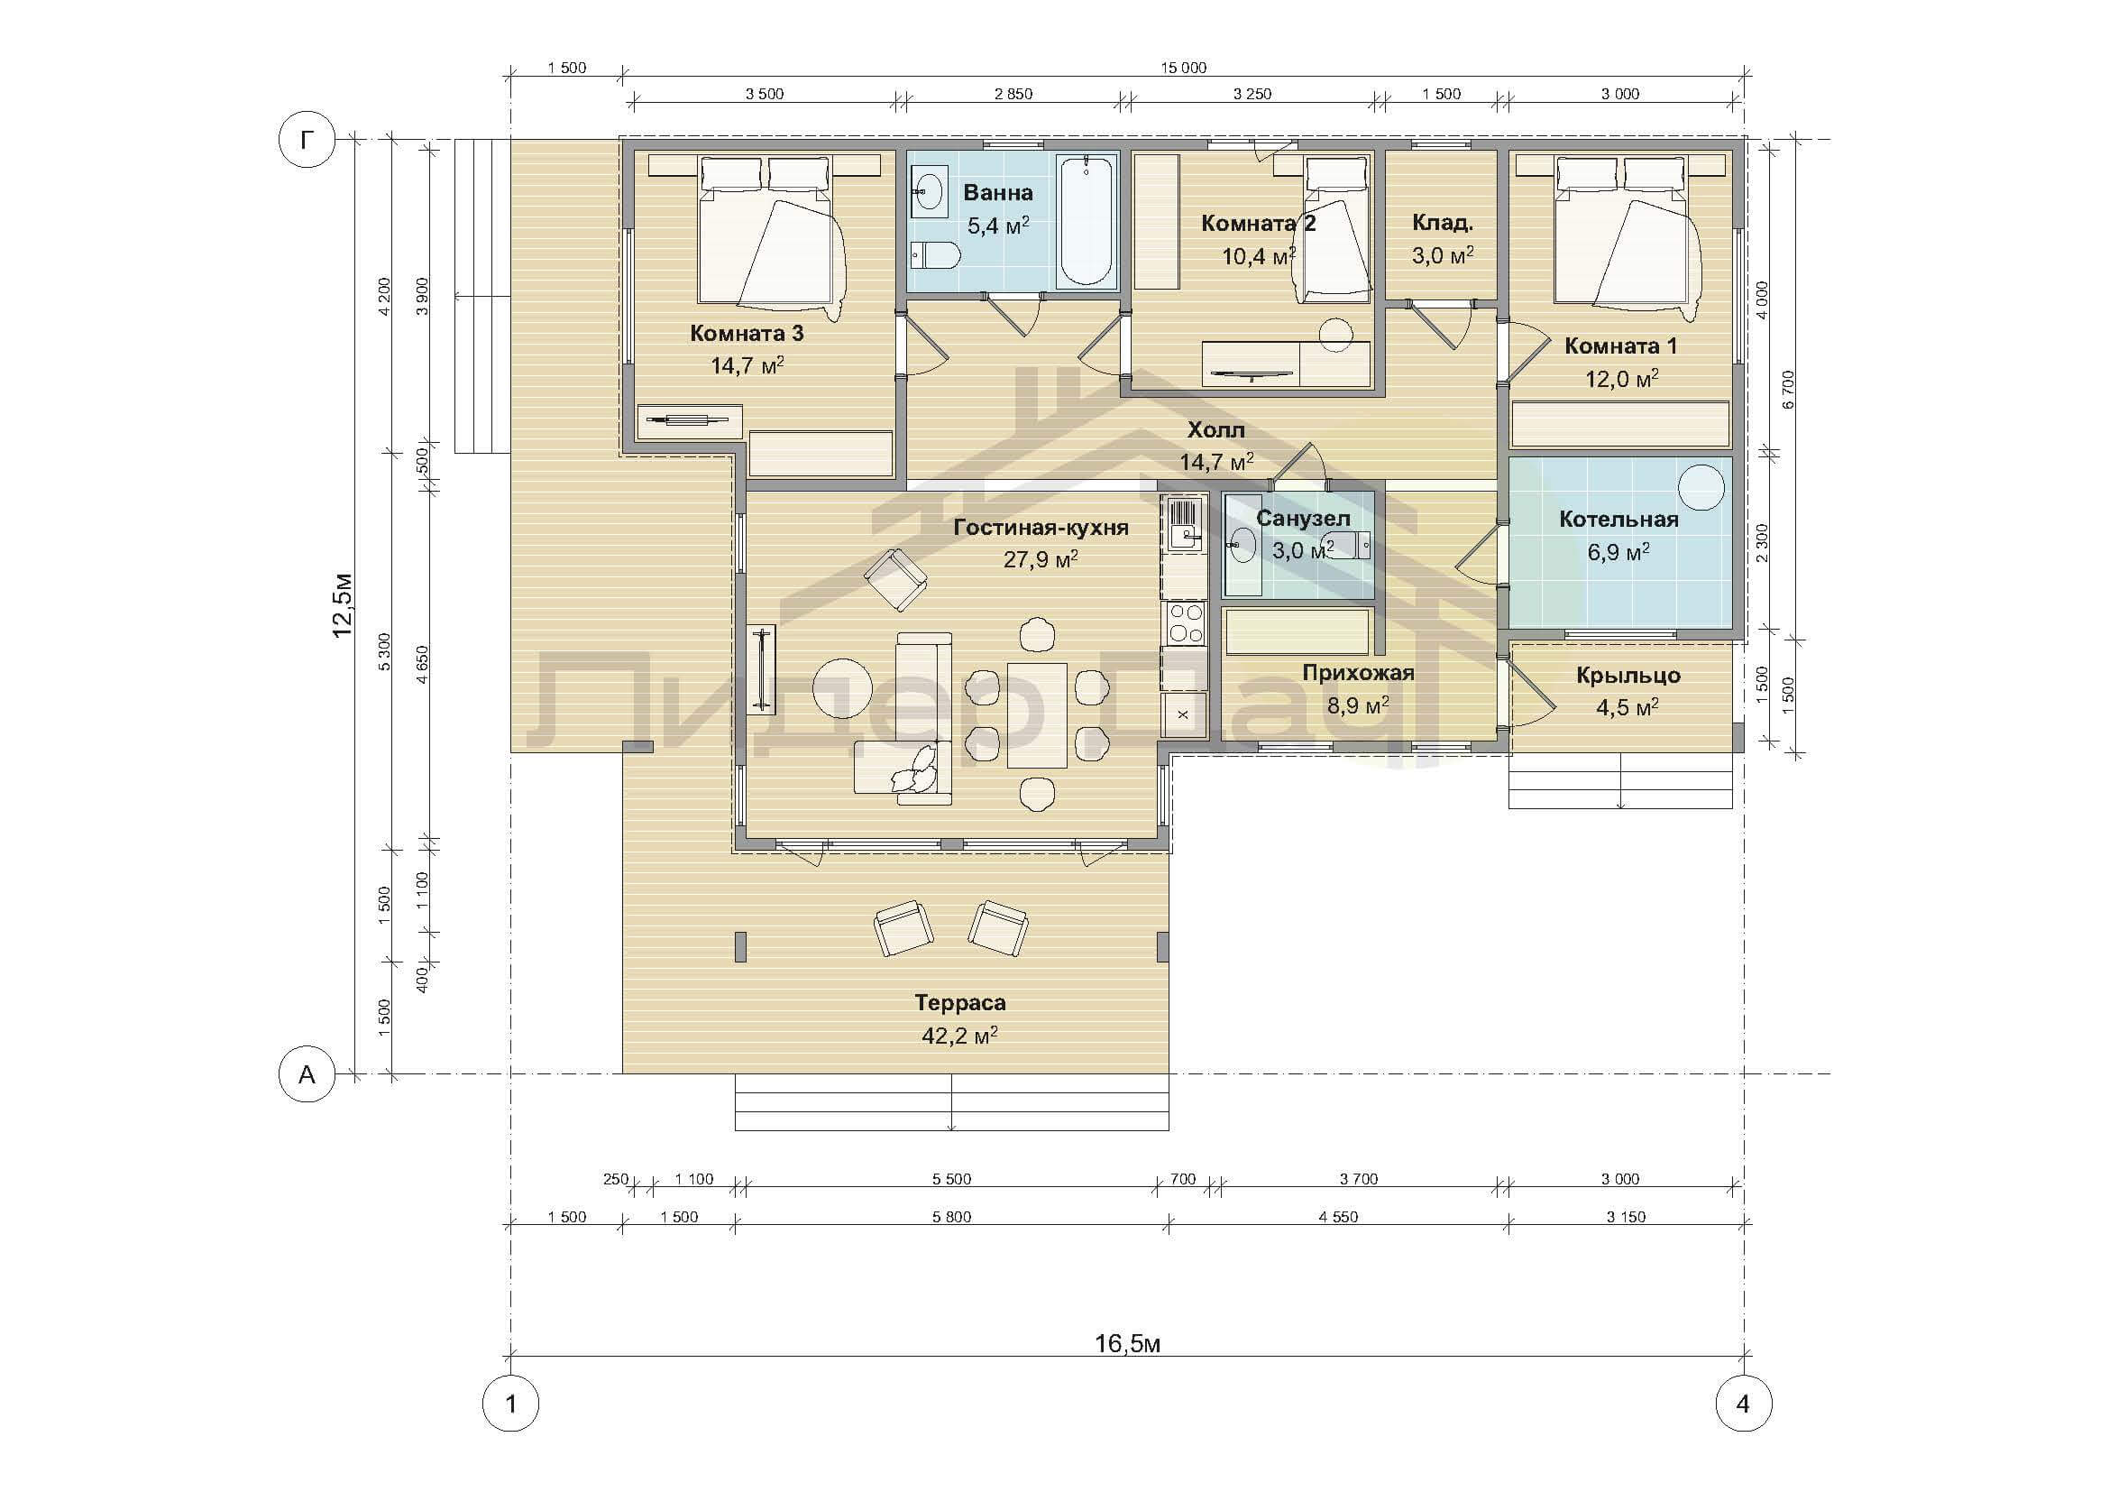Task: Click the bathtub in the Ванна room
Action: [1087, 220]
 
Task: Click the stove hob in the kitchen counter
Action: [1184, 622]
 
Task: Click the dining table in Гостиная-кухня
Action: [1037, 715]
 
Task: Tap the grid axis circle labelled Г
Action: [307, 141]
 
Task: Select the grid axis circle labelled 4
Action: [1743, 1404]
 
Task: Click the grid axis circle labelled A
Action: [307, 1074]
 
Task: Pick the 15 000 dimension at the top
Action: [1183, 68]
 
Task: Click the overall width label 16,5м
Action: [1127, 1343]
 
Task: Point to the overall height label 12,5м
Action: [342, 604]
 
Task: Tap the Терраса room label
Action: [960, 1002]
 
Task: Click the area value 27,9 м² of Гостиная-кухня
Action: [1041, 558]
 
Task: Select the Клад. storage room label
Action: [1442, 222]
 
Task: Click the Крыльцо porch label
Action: [1628, 676]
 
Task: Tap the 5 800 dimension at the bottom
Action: [950, 1217]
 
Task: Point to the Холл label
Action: [1216, 430]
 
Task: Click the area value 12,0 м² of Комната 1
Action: [1622, 379]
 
